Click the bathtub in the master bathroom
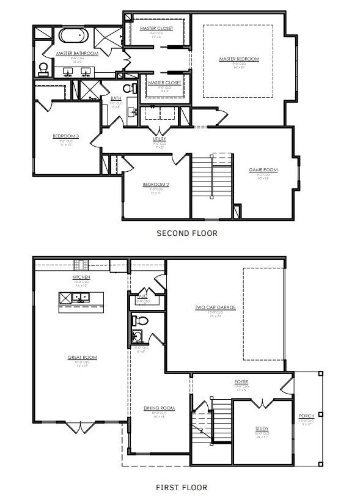[x=74, y=35]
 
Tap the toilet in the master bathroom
[x=43, y=68]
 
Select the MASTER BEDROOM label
[x=239, y=59]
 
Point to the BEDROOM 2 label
[x=155, y=185]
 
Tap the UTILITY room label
[x=160, y=139]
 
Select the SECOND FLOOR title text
[x=187, y=233]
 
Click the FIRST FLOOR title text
[x=181, y=487]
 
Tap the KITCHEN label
[x=81, y=277]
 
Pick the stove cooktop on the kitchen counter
[x=81, y=265]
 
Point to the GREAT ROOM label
[x=83, y=357]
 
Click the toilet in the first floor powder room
[x=140, y=320]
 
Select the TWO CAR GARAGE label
[x=215, y=307]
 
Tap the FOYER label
[x=241, y=382]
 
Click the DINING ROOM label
[x=160, y=408]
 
